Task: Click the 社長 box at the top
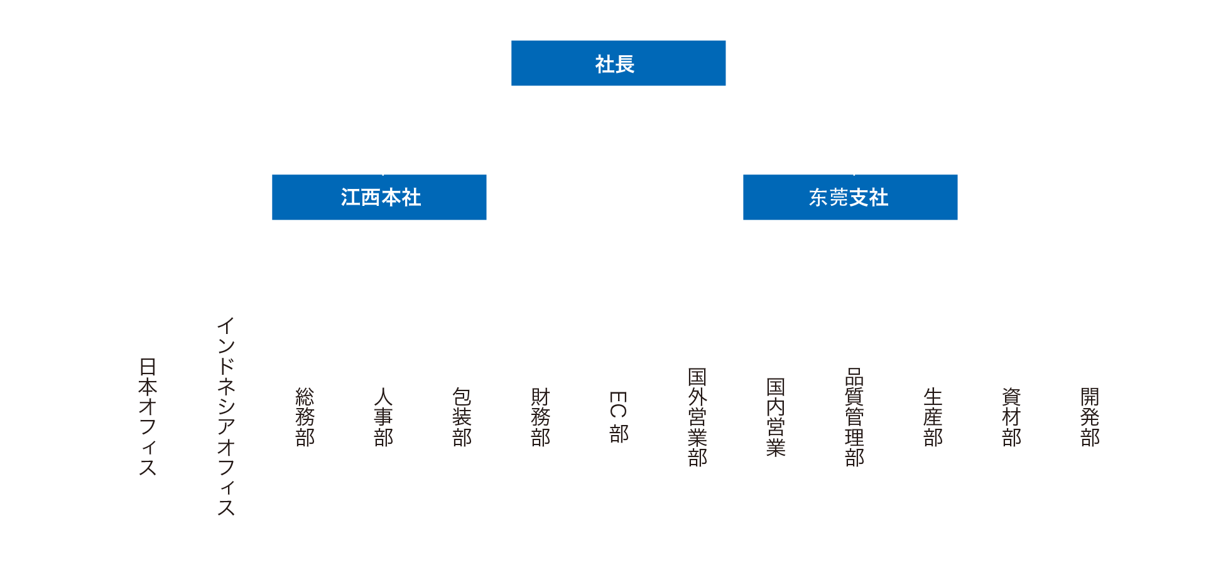(x=618, y=63)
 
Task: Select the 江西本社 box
(x=379, y=197)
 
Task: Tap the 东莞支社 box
(x=850, y=197)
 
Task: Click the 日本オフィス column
(x=148, y=417)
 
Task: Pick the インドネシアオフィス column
(x=226, y=417)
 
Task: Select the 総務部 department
(x=305, y=417)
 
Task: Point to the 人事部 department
(x=383, y=417)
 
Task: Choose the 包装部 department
(x=462, y=417)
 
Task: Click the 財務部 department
(x=540, y=417)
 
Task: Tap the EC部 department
(x=619, y=417)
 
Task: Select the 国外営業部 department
(x=697, y=417)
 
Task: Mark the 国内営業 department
(x=776, y=417)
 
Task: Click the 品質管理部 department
(x=854, y=417)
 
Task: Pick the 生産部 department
(x=933, y=417)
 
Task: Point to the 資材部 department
(x=1011, y=417)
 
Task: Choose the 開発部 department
(x=1090, y=417)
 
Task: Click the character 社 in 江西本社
(x=411, y=198)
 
